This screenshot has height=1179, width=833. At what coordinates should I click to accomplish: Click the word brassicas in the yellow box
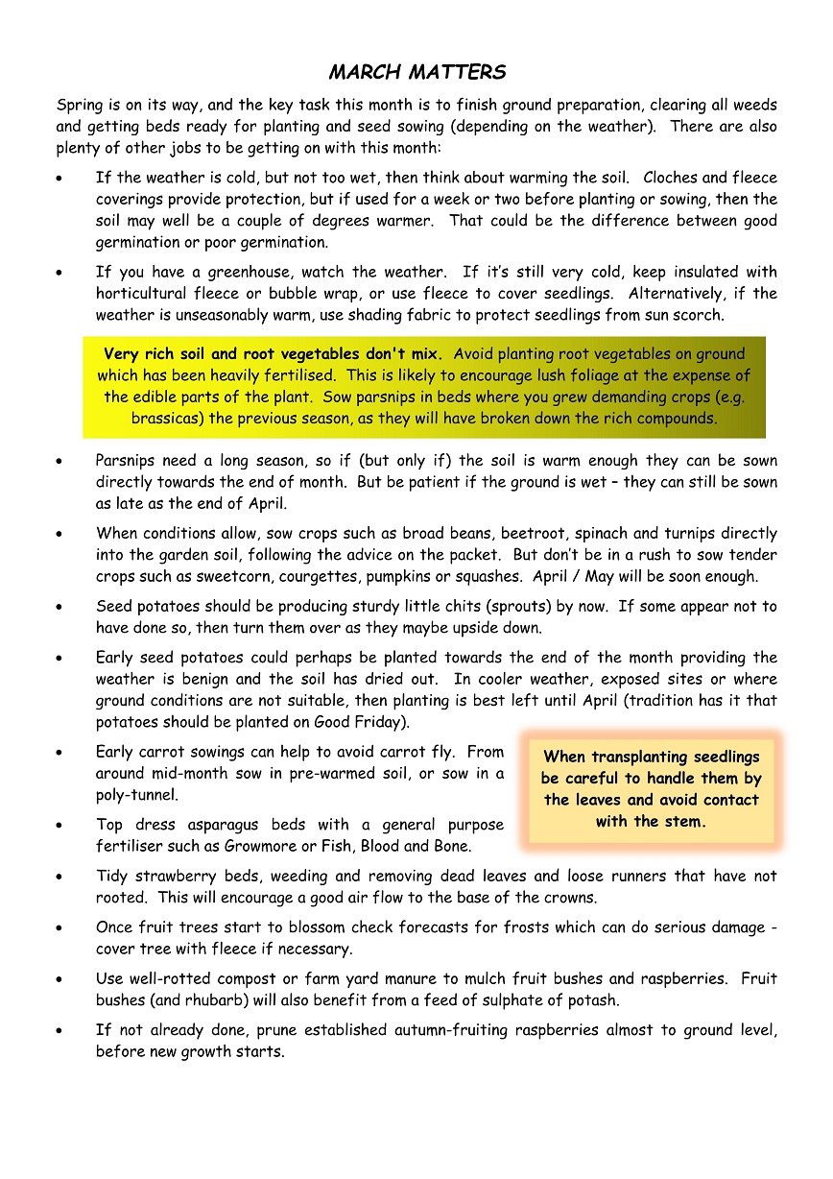click(164, 419)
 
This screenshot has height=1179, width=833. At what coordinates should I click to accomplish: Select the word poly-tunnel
click(136, 795)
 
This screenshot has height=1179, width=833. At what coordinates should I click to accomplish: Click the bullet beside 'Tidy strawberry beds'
click(61, 878)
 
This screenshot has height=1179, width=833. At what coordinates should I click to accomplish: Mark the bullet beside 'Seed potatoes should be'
click(61, 608)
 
